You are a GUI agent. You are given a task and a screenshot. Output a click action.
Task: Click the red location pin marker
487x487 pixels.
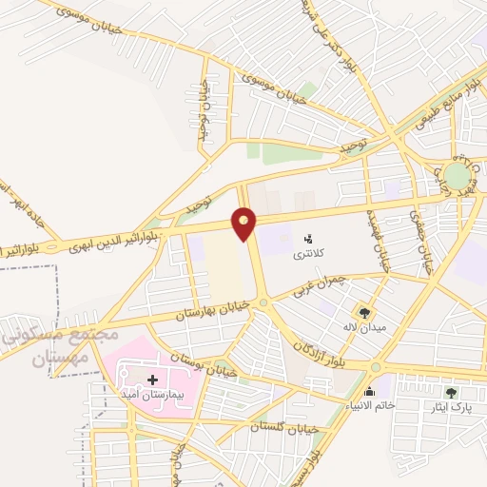click(x=245, y=222)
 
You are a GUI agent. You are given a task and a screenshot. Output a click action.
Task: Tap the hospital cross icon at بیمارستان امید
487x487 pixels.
click(x=152, y=380)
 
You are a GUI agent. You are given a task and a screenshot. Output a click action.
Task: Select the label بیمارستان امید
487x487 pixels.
click(x=152, y=393)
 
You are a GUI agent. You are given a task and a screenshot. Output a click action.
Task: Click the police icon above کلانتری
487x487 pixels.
click(x=307, y=238)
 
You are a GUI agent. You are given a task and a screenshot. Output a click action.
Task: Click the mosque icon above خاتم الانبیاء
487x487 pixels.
click(x=369, y=391)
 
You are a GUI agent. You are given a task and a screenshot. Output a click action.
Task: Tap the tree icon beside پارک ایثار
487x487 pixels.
click(x=451, y=392)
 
